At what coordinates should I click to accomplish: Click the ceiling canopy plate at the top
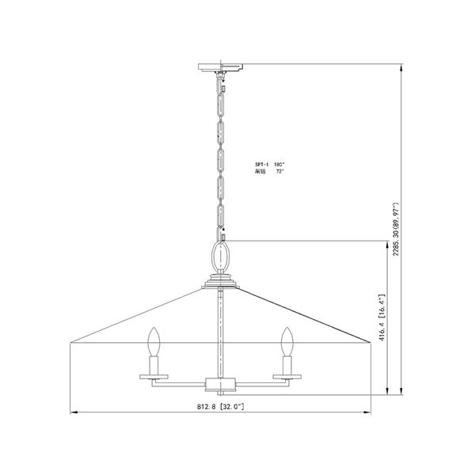pyautogui.click(x=222, y=66)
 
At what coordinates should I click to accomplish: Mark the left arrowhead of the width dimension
pyautogui.click(x=74, y=412)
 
